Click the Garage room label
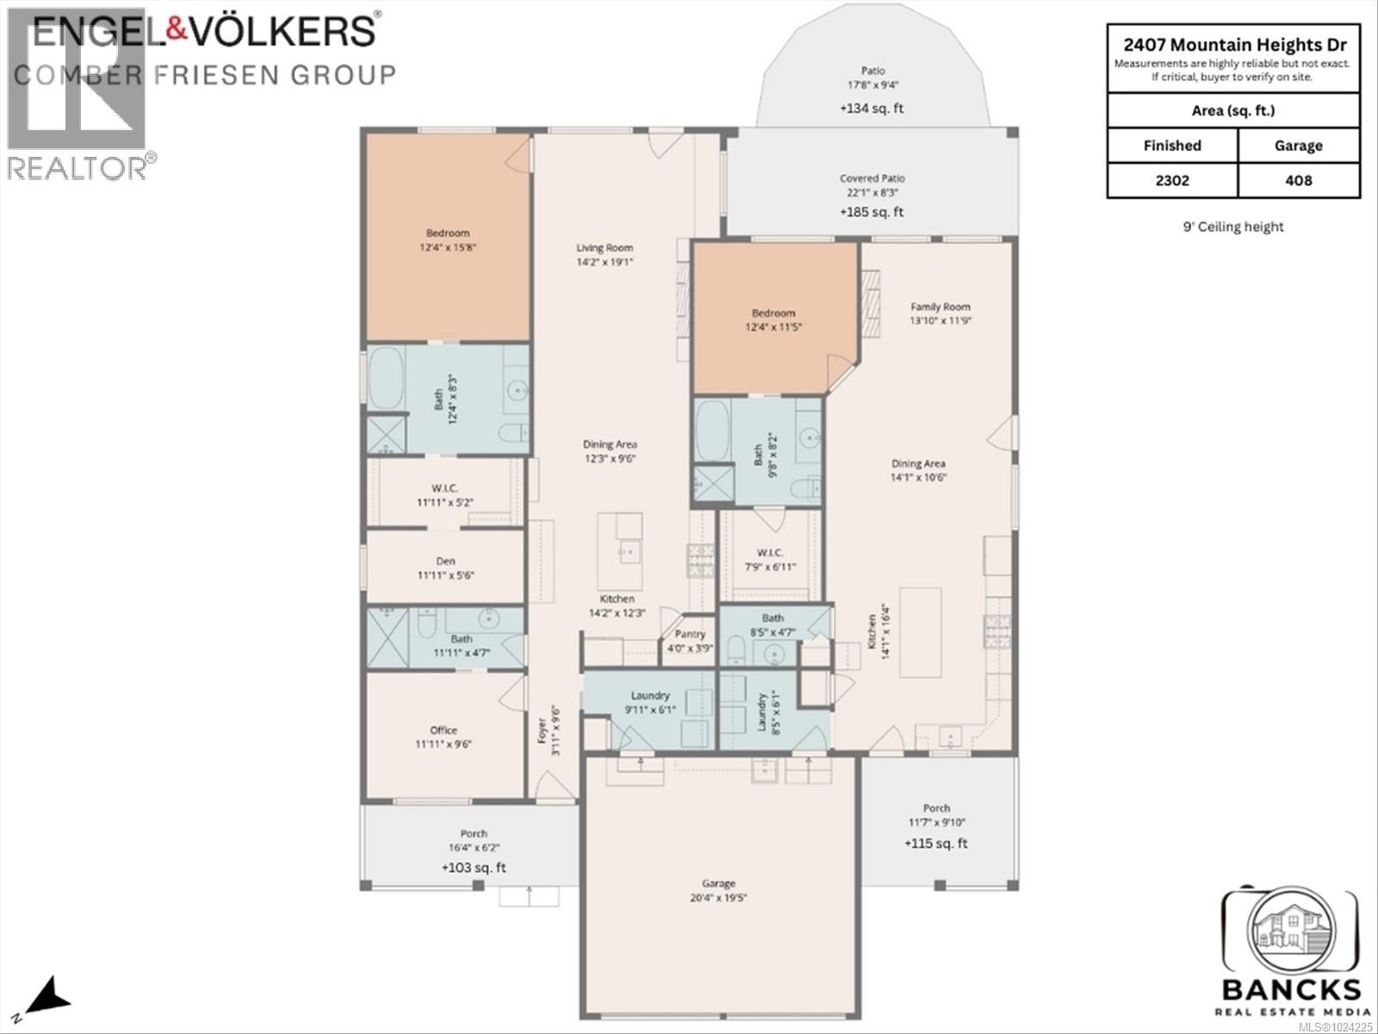[718, 883]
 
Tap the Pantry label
[690, 634]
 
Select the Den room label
[445, 561]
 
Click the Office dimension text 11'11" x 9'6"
[444, 744]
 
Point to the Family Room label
[940, 307]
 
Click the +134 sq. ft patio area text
[872, 109]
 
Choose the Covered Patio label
[872, 178]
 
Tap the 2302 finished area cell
[1171, 180]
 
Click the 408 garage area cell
[1298, 180]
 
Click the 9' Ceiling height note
[1232, 227]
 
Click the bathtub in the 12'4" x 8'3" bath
[386, 379]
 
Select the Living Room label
[605, 248]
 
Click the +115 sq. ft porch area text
[935, 844]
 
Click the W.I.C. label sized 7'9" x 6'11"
[769, 553]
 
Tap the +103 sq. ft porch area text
[474, 868]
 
